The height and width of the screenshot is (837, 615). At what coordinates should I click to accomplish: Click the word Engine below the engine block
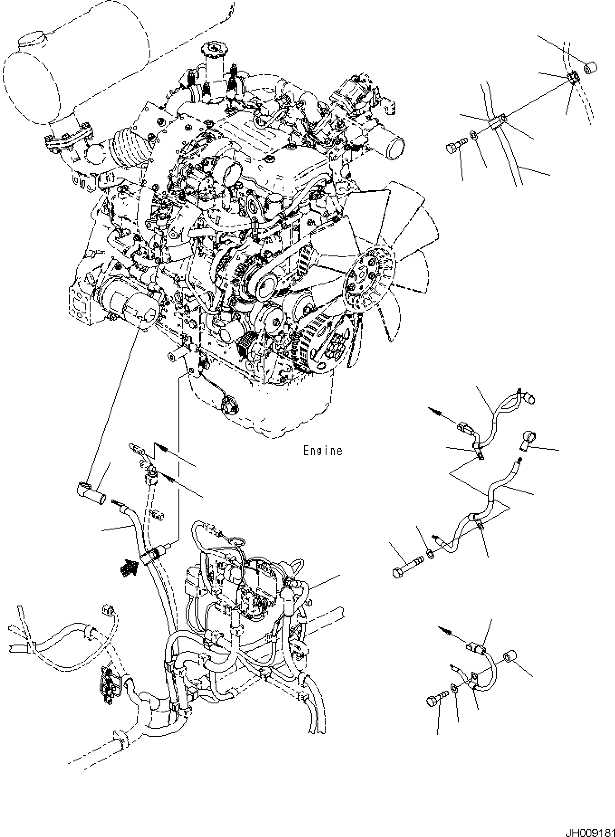click(322, 451)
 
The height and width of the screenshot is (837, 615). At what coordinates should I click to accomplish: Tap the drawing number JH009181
click(589, 832)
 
